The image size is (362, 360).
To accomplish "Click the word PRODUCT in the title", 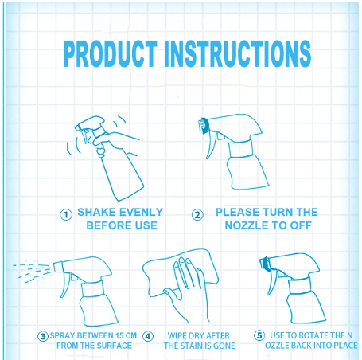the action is point(111,54).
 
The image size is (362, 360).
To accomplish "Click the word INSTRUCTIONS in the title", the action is point(238,54).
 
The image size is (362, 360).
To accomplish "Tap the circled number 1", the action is point(66,215).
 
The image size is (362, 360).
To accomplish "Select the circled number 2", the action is point(197,215).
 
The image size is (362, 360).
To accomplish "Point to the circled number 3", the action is point(43,336).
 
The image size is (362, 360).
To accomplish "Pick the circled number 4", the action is point(148,336).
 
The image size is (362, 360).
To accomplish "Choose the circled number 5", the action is point(259,335).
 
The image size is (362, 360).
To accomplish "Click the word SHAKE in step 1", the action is point(96,212).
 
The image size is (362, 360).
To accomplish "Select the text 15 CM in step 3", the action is point(127,335).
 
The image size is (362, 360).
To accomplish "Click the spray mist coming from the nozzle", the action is point(33,271).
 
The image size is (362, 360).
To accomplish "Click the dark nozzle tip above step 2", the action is point(204,126).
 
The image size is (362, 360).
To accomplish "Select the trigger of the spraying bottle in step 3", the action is point(65,285).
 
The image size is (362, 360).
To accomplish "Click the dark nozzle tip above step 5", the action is point(265,264).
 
